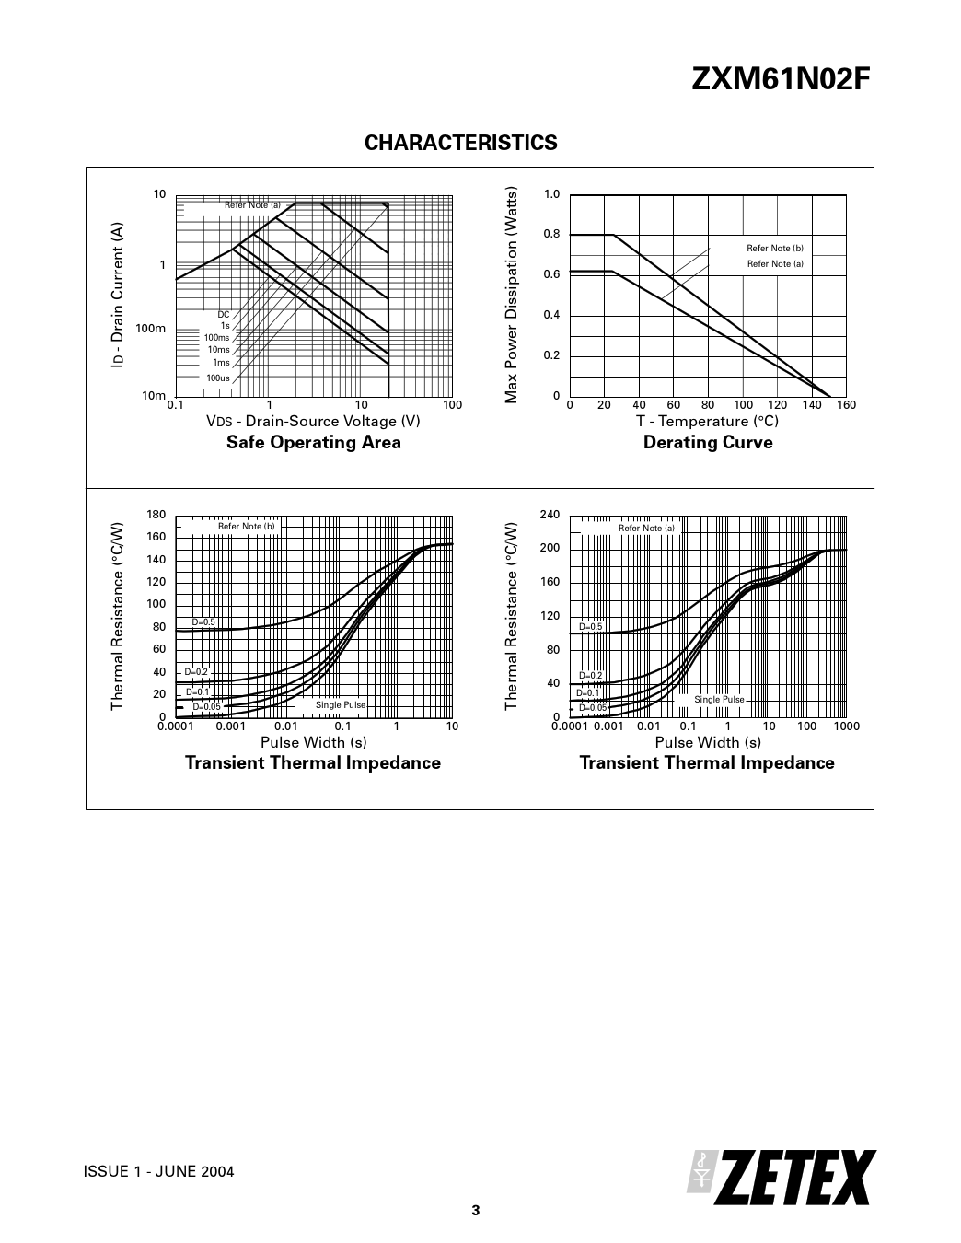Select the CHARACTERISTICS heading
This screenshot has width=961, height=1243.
click(x=461, y=143)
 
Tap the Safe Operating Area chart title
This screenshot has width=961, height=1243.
click(x=314, y=443)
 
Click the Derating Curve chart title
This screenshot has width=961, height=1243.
click(x=708, y=443)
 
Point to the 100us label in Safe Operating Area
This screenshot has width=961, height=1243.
click(x=218, y=378)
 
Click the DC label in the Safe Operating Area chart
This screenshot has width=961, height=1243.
click(x=224, y=315)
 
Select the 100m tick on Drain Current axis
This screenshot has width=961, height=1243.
click(x=150, y=329)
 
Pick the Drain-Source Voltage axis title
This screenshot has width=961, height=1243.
click(x=313, y=422)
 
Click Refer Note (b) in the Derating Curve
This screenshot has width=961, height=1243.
click(x=775, y=249)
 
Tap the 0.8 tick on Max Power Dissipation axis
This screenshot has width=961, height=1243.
click(x=551, y=234)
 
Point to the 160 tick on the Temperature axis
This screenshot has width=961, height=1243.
click(x=846, y=405)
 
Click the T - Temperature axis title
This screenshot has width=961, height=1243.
click(x=707, y=422)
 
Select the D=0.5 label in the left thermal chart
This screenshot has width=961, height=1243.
click(x=203, y=622)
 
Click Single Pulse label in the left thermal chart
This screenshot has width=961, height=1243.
click(x=341, y=705)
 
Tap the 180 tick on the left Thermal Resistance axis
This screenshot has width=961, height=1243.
click(x=156, y=515)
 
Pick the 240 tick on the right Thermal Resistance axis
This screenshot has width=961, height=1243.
click(x=550, y=515)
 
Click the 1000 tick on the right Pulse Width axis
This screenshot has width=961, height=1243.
click(x=846, y=726)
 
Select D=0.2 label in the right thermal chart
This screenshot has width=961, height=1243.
click(x=590, y=676)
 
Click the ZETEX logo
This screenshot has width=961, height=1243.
click(x=782, y=1178)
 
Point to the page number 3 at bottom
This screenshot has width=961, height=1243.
click(x=476, y=1211)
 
